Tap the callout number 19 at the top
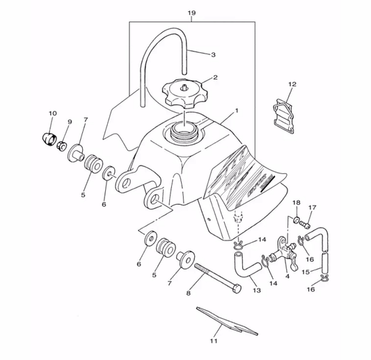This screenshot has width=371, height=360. tap(191, 13)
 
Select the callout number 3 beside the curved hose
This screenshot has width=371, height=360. tap(213, 55)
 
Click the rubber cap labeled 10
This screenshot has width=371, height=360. tap(49, 140)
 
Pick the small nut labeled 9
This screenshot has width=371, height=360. tap(61, 145)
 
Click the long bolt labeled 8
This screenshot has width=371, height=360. tap(218, 279)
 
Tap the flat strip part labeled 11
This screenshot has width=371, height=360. tap(227, 321)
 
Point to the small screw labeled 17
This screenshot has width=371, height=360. tap(305, 224)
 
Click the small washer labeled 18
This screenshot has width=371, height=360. tap(296, 220)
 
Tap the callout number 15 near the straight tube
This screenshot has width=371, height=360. tap(306, 272)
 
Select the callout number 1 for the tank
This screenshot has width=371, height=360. tap(237, 111)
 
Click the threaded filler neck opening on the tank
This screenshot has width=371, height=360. tap(184, 132)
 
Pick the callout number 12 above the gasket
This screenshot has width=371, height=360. tap(292, 84)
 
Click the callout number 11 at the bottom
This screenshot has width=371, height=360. tap(214, 341)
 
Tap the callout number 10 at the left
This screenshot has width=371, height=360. tap(53, 114)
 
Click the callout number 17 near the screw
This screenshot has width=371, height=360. tap(313, 208)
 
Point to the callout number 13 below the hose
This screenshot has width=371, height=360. tap(257, 290)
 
